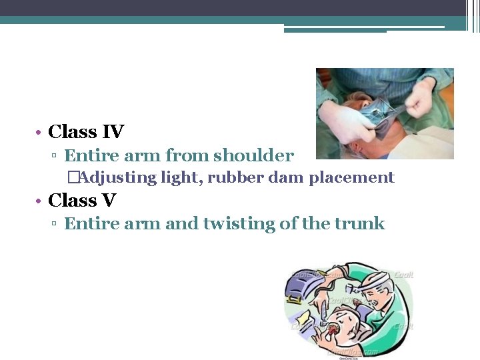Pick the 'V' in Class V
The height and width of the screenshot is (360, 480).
coord(109,199)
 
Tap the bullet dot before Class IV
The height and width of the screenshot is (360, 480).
coord(40,133)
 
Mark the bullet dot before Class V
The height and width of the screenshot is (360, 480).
coord(40,200)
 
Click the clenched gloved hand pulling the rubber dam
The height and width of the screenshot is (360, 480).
coord(420,99)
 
